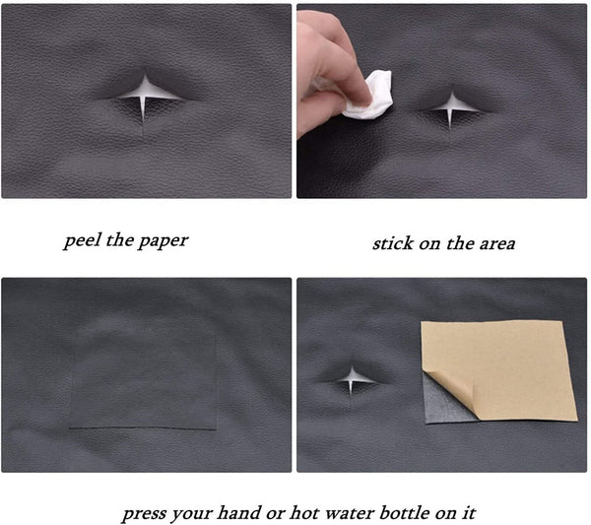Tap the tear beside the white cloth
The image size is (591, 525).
coord(451,105)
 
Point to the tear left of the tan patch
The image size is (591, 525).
coord(351,375)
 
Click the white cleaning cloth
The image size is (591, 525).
coord(369,95)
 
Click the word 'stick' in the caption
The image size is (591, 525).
coord(392,242)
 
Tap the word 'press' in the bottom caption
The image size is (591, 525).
coord(145,513)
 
